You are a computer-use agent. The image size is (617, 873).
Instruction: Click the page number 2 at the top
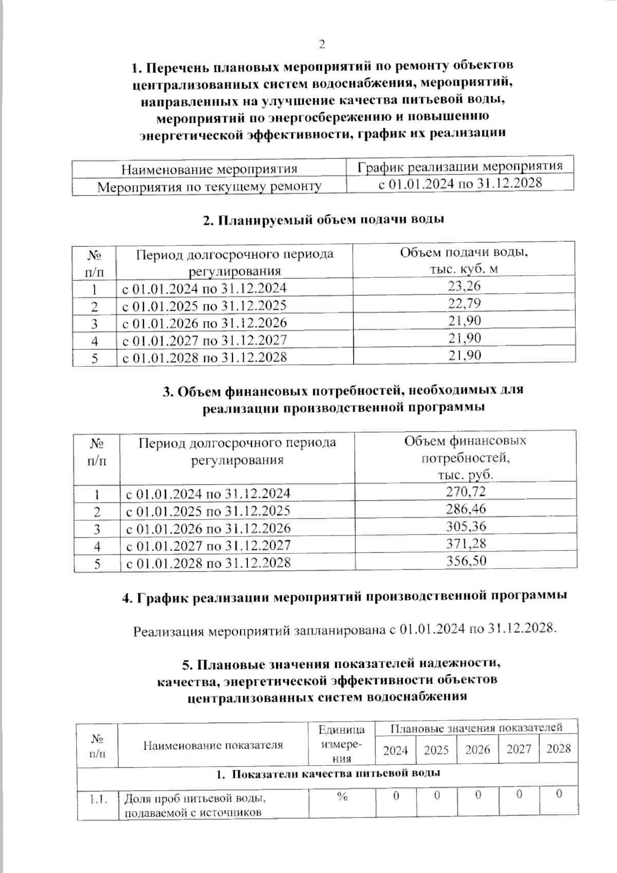(322, 44)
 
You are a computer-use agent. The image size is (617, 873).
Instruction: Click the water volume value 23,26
(464, 286)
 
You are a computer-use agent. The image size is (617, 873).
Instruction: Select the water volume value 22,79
(464, 304)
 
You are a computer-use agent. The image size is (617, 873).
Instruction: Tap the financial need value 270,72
(466, 491)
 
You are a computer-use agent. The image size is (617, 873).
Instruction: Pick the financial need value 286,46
(466, 509)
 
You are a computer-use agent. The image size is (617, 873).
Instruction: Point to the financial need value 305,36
(466, 526)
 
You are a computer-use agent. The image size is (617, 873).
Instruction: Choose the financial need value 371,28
(466, 543)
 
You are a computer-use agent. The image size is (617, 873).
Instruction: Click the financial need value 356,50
(466, 560)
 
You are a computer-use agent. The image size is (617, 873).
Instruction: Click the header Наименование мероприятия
(209, 169)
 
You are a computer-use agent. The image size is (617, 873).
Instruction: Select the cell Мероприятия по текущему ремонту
(209, 186)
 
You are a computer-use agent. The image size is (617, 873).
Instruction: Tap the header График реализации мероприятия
(460, 166)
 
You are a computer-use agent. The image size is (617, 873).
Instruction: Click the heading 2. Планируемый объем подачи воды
(323, 220)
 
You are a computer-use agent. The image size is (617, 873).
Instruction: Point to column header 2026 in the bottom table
(477, 750)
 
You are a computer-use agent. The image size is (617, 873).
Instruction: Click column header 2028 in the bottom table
(558, 749)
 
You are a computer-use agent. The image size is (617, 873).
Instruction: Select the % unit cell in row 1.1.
(342, 796)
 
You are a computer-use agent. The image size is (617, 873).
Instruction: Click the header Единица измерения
(342, 743)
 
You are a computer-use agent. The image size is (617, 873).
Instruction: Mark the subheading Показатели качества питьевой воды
(328, 774)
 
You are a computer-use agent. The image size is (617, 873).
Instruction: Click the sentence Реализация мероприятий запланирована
(344, 630)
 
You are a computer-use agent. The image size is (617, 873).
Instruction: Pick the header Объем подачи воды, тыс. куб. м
(464, 260)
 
